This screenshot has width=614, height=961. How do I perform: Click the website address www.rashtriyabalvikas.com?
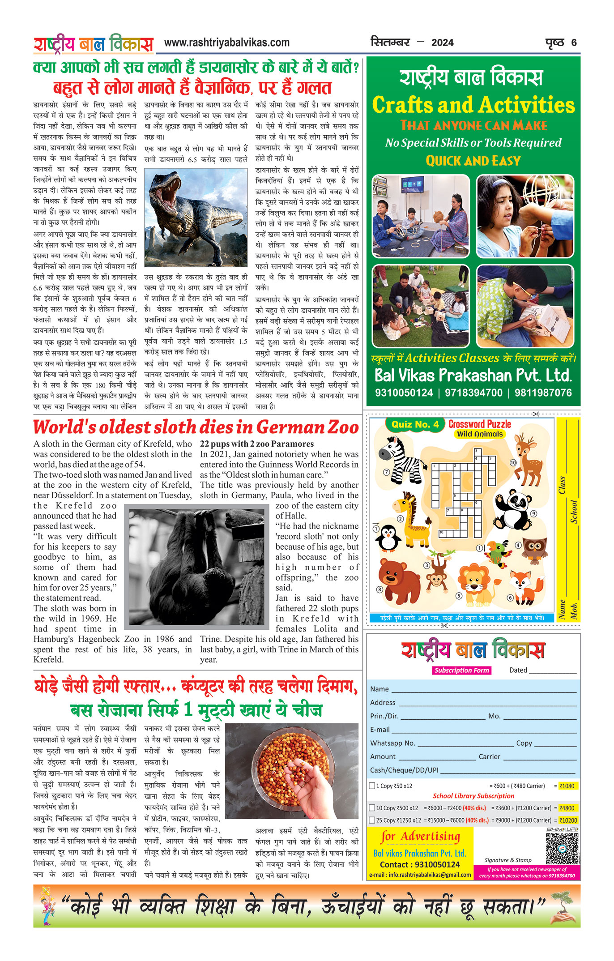[x=226, y=43]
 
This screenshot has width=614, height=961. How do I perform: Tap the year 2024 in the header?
[x=442, y=43]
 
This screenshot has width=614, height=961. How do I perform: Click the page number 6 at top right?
[x=574, y=43]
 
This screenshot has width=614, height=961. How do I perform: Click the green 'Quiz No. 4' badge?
[x=415, y=424]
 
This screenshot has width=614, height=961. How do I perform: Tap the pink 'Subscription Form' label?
[x=461, y=670]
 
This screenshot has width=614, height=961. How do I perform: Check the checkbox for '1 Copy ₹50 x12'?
[x=372, y=786]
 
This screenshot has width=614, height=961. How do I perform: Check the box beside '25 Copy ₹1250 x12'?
[x=372, y=820]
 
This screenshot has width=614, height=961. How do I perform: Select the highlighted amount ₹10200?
[x=568, y=820]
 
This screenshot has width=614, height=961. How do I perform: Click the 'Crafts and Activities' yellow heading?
[x=473, y=105]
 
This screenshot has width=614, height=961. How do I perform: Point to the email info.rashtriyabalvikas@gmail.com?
[x=420, y=875]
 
